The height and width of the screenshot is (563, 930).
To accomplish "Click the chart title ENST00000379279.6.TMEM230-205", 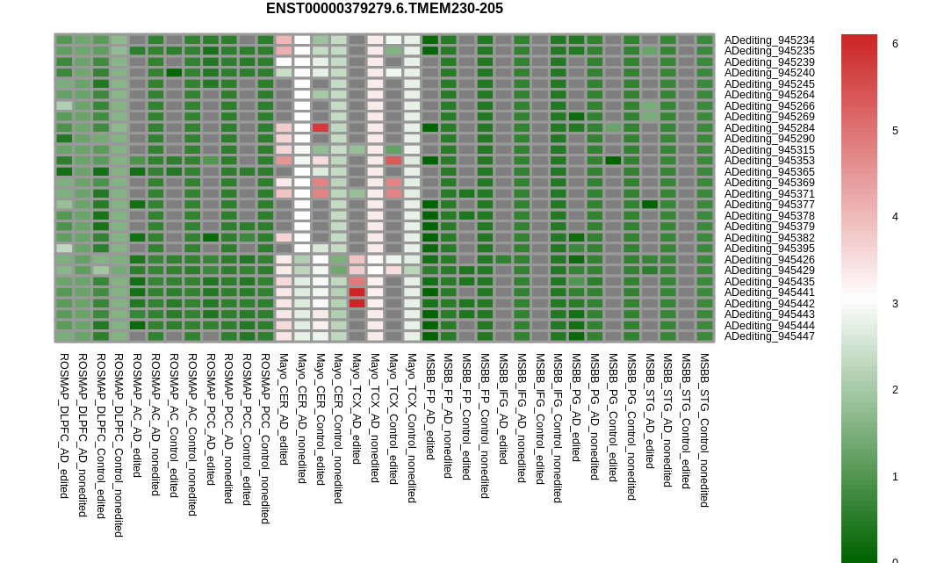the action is coord(385,9).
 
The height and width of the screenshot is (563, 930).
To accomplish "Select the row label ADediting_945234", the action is coord(769,40).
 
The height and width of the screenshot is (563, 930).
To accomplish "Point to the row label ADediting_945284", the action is coord(769,128).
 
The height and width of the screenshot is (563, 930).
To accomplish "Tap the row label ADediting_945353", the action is coord(769,161).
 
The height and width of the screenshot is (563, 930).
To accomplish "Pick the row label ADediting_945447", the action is coord(769,336).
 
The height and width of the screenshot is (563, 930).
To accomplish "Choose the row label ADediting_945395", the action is coord(769,249).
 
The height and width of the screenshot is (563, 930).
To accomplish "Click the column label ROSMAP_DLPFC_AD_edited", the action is coord(64,426).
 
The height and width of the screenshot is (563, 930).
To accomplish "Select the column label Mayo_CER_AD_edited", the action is coord(284,409).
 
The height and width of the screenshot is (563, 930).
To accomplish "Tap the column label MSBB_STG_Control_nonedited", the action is coord(704,430).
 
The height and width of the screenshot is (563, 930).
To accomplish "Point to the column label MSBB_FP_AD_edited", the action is coord(430,407).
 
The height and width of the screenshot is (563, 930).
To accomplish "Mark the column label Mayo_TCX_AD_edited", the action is coord(357,408).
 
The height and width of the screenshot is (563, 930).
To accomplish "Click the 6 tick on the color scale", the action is coord(895,44).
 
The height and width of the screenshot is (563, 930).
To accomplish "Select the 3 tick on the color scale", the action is coord(895,304).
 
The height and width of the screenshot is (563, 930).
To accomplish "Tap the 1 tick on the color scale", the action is coord(895,477).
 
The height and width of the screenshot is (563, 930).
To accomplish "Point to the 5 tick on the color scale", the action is coord(895,131).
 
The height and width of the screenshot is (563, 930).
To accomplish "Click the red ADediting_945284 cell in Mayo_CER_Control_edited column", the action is coord(321,127).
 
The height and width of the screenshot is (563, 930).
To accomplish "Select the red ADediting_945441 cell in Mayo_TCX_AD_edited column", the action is coord(357,292).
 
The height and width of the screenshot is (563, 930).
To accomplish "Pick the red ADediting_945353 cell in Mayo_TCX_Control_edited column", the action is coord(393,161).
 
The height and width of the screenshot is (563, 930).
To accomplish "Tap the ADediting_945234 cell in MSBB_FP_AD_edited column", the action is coord(430,40).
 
